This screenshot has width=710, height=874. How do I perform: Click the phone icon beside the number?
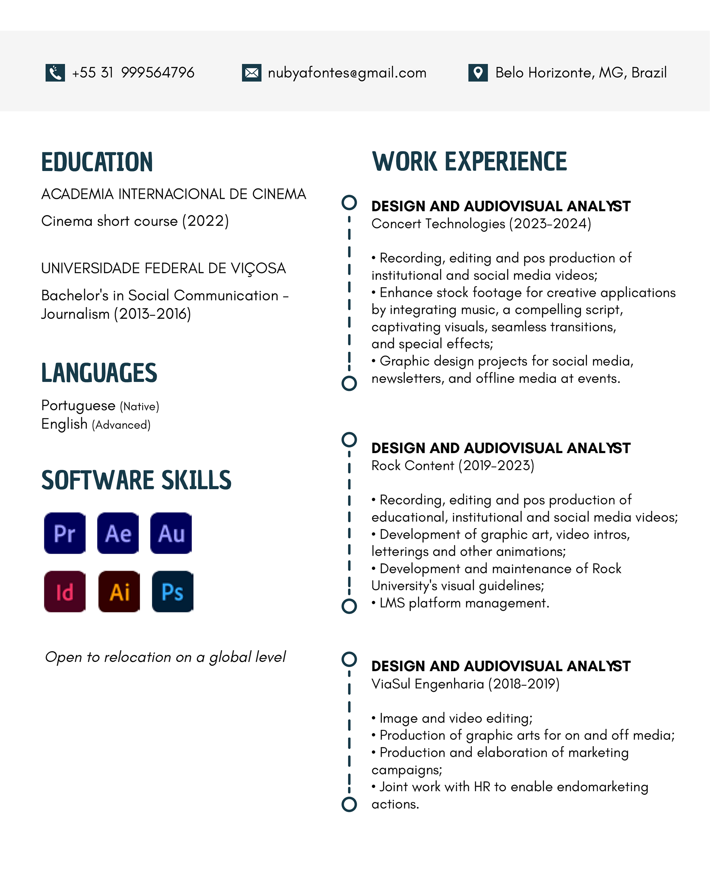coord(55,73)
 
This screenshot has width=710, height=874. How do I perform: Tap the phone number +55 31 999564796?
coord(133,73)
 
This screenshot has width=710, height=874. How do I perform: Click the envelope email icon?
coord(251,73)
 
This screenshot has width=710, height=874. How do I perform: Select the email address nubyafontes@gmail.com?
coord(347,73)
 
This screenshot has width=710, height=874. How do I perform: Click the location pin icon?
coord(478,73)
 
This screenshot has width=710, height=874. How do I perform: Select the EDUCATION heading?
coord(97,162)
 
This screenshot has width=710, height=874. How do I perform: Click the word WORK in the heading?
coord(405,161)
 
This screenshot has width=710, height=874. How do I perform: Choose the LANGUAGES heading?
coord(99,373)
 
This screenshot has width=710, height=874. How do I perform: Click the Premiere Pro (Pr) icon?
coord(65,534)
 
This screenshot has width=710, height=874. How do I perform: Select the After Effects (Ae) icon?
coord(118,534)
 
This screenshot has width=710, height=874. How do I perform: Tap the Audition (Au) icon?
coord(171,534)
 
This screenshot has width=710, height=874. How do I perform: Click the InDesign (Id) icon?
coord(65,592)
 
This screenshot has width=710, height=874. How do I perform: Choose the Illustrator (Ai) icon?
coord(119,592)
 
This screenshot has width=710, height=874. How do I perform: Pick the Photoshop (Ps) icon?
coord(173,592)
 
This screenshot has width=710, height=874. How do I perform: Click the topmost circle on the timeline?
coord(349,203)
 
